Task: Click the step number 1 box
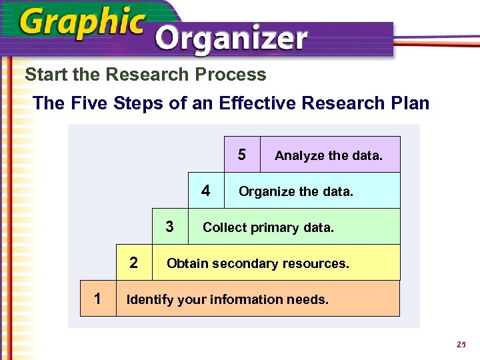tap(98, 298)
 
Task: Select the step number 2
tap(134, 263)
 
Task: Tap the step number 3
tap(170, 227)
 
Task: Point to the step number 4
tap(206, 191)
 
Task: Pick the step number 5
tap(242, 155)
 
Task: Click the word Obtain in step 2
tap(186, 263)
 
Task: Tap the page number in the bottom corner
tap(460, 345)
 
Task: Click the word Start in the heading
tap(45, 75)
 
